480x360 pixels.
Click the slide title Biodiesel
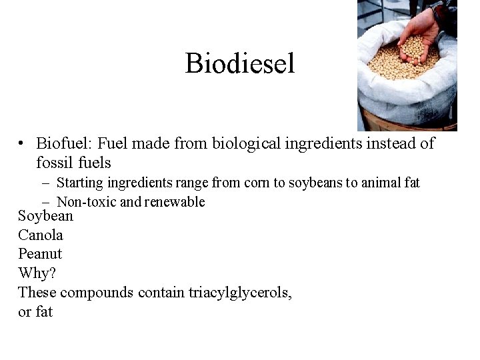click(x=239, y=64)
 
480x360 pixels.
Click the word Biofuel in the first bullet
click(x=64, y=143)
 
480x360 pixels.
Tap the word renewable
click(x=175, y=202)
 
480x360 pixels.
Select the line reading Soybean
click(x=45, y=216)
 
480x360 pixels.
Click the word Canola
click(x=41, y=235)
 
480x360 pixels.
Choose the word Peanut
click(x=40, y=254)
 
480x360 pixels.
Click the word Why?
click(x=37, y=273)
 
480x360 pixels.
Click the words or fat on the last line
click(x=35, y=311)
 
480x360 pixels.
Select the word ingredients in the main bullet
click(x=325, y=143)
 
